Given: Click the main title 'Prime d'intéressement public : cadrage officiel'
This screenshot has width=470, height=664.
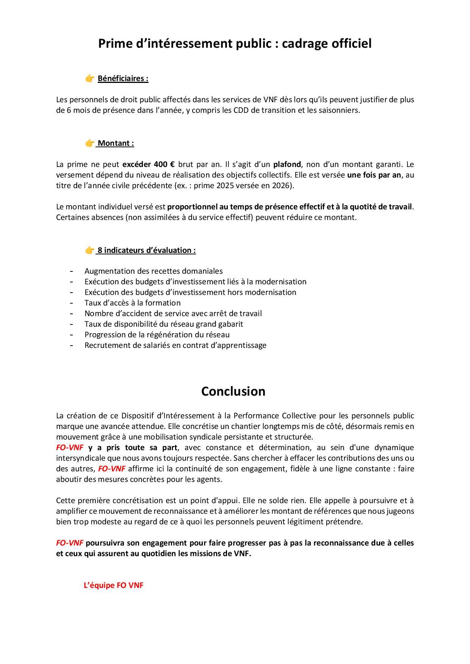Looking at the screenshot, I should click(235, 44).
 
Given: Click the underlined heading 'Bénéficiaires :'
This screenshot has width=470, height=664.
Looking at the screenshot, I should click(123, 79).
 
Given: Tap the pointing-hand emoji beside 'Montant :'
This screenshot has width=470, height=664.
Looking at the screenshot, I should click(89, 143).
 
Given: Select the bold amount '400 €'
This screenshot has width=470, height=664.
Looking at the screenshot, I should click(164, 164).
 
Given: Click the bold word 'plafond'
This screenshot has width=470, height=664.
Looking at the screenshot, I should click(287, 164).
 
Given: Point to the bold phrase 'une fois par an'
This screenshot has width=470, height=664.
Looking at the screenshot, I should click(374, 175).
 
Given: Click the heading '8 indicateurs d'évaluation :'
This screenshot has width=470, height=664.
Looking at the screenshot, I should click(146, 250).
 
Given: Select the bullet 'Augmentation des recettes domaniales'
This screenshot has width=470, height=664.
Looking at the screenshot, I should click(154, 271).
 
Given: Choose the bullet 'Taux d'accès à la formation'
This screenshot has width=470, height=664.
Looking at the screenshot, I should click(132, 303).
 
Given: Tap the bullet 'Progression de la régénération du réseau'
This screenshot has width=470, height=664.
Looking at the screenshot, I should click(157, 335).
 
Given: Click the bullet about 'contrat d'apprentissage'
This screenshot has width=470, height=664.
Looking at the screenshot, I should click(175, 345).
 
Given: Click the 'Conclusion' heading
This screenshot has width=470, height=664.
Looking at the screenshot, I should click(233, 391).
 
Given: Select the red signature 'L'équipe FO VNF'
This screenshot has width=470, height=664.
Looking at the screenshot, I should click(113, 585).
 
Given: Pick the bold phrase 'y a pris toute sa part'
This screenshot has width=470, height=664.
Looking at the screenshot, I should click(133, 447).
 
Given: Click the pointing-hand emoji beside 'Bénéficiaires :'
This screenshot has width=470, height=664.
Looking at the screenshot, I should click(89, 79).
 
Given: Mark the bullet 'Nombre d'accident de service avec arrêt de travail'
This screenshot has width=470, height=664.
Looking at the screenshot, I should click(173, 313).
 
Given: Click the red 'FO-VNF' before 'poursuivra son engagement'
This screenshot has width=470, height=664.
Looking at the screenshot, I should click(70, 543).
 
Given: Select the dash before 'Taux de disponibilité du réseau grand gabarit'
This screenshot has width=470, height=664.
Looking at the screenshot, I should click(71, 324).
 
